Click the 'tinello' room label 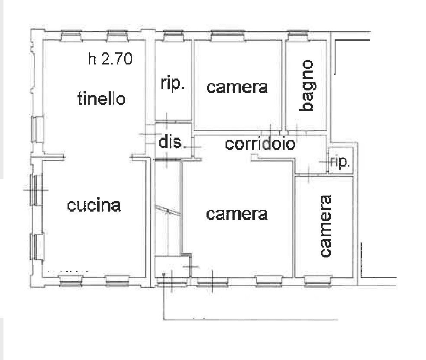click(101, 98)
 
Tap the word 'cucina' click(94, 206)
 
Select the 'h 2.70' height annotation click(110, 59)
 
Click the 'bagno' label click(306, 85)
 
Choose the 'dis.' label click(170, 142)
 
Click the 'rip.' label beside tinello click(173, 83)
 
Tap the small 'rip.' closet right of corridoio click(340, 162)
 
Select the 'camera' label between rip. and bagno click(237, 87)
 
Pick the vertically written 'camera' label click(326, 226)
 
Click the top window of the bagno click(298, 36)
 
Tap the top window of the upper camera click(228, 36)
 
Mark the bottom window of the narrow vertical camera click(318, 282)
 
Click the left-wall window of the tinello click(37, 129)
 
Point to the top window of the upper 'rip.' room click(173, 36)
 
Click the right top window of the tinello click(117, 36)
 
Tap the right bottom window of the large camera click(269, 282)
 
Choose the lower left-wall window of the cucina click(37, 247)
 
